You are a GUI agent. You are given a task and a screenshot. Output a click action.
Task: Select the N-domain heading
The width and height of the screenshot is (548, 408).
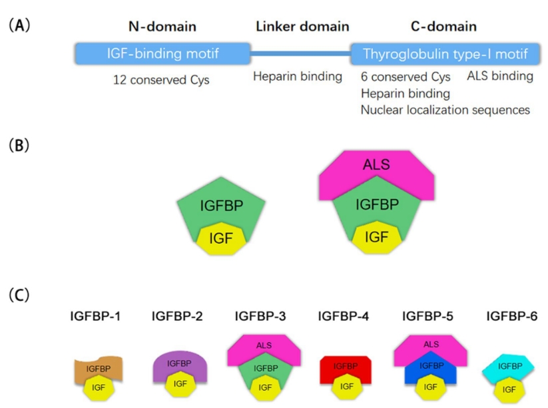coord(162,27)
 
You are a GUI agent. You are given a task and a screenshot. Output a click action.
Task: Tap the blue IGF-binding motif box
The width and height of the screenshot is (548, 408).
coord(163,54)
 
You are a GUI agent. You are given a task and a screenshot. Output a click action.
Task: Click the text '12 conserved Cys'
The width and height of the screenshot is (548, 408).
coord(162,81)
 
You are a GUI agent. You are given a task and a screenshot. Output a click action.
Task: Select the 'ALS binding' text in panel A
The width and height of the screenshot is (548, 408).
coord(499,77)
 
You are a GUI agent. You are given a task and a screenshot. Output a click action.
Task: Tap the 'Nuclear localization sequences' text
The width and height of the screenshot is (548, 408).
coord(445,110)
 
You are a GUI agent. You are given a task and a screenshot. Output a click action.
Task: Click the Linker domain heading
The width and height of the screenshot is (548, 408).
coord(302,27)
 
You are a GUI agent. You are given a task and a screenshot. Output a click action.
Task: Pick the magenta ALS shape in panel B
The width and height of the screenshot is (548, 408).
coord(377,167)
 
